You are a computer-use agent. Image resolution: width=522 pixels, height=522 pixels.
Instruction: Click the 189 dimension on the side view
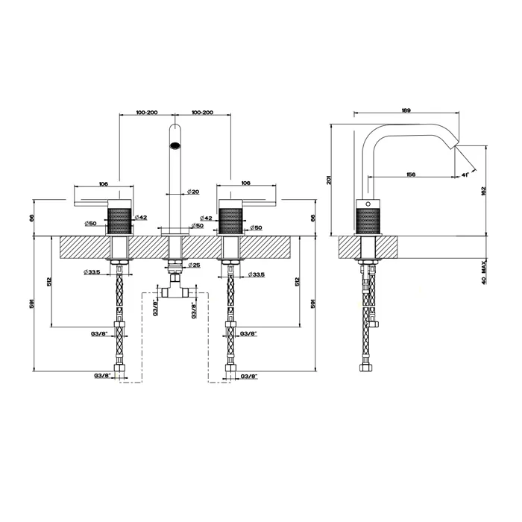(406, 110)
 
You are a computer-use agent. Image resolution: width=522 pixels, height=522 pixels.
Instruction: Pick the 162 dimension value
(484, 190)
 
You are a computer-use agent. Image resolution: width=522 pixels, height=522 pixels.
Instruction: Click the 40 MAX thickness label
(484, 273)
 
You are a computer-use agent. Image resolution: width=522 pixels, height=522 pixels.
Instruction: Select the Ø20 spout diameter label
(193, 192)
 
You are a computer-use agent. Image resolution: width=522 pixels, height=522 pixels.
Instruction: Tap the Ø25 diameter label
(193, 265)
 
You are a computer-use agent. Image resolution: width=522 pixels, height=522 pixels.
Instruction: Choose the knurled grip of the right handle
(231, 221)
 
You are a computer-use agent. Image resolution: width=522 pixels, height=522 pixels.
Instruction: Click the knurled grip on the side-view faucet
(367, 221)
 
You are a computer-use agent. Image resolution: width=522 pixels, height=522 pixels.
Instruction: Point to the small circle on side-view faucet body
(366, 203)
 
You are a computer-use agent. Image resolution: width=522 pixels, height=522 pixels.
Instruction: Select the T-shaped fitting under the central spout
(174, 290)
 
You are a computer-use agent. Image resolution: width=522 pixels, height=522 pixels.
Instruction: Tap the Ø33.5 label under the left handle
(93, 274)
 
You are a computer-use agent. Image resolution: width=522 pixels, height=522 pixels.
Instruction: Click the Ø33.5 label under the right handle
(256, 274)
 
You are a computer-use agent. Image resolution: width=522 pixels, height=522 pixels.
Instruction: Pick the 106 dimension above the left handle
(103, 183)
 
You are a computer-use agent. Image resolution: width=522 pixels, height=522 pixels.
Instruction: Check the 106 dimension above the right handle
(245, 183)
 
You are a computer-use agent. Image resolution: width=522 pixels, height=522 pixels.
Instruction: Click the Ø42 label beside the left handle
(140, 217)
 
